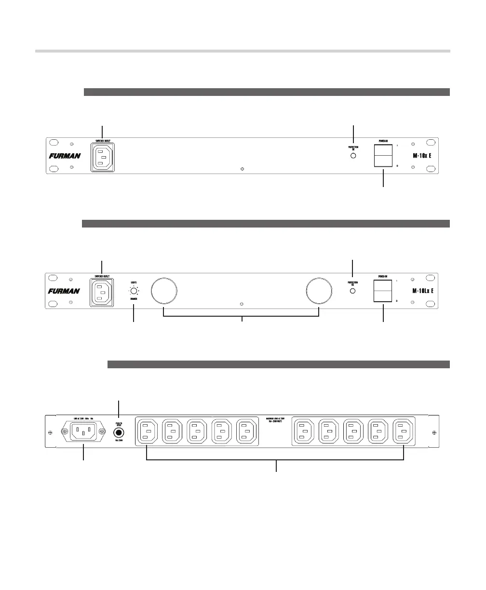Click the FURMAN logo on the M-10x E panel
(65, 156)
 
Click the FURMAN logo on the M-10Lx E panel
(65, 291)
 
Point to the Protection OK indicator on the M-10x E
(353, 156)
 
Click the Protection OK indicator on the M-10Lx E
(353, 292)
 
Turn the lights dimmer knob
(133, 291)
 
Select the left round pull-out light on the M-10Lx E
(164, 291)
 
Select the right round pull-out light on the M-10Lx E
(319, 291)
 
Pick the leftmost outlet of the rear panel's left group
(147, 431)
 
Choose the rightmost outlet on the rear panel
(404, 431)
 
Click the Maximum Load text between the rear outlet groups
(275, 420)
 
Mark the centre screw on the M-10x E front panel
(242, 169)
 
